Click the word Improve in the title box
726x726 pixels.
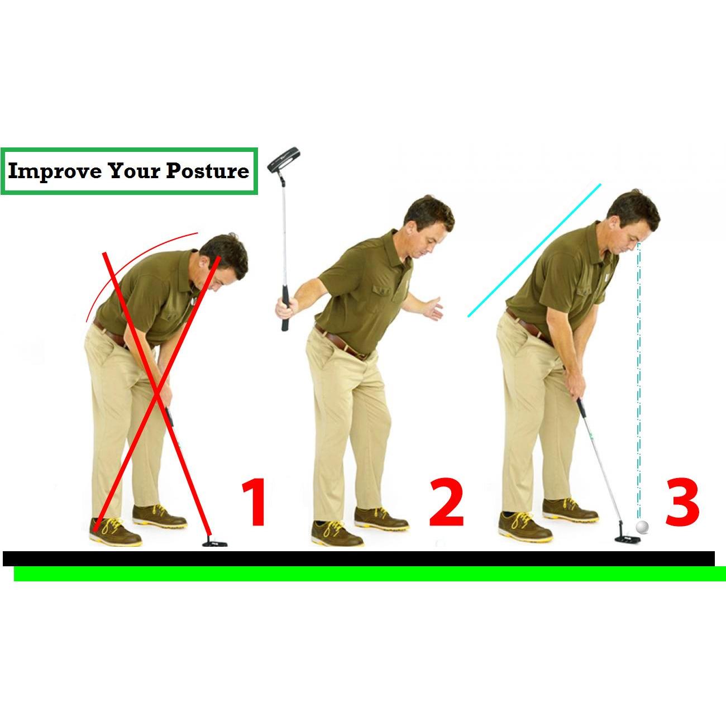coord(55,171)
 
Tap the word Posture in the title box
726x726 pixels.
coord(208,171)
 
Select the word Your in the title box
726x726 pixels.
coord(133,171)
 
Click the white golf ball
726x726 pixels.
coord(642,527)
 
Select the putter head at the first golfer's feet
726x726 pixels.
coord(215,543)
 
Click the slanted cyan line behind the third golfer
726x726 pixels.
coord(534,250)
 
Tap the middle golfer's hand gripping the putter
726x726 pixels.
coord(285,308)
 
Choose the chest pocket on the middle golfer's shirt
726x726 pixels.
coord(383,298)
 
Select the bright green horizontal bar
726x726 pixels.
coord(370,574)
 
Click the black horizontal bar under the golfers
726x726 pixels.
coord(359,558)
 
